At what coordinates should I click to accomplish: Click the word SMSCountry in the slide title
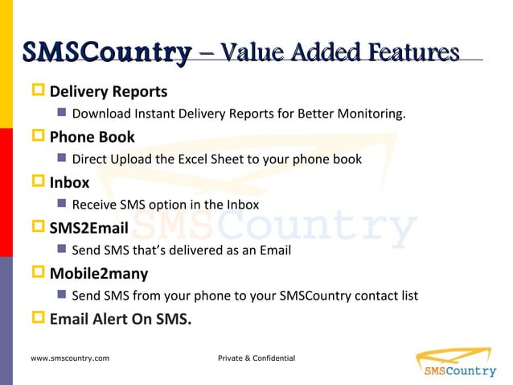click(x=107, y=53)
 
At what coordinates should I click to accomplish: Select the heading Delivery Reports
click(x=109, y=91)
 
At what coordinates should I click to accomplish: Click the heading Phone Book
click(x=92, y=136)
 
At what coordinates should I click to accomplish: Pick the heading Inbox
click(x=69, y=182)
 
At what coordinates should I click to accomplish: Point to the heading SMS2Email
click(x=88, y=228)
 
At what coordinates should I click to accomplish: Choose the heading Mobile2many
click(x=99, y=273)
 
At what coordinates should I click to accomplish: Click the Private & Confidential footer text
click(x=256, y=358)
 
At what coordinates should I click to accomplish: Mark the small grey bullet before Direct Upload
click(x=62, y=159)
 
